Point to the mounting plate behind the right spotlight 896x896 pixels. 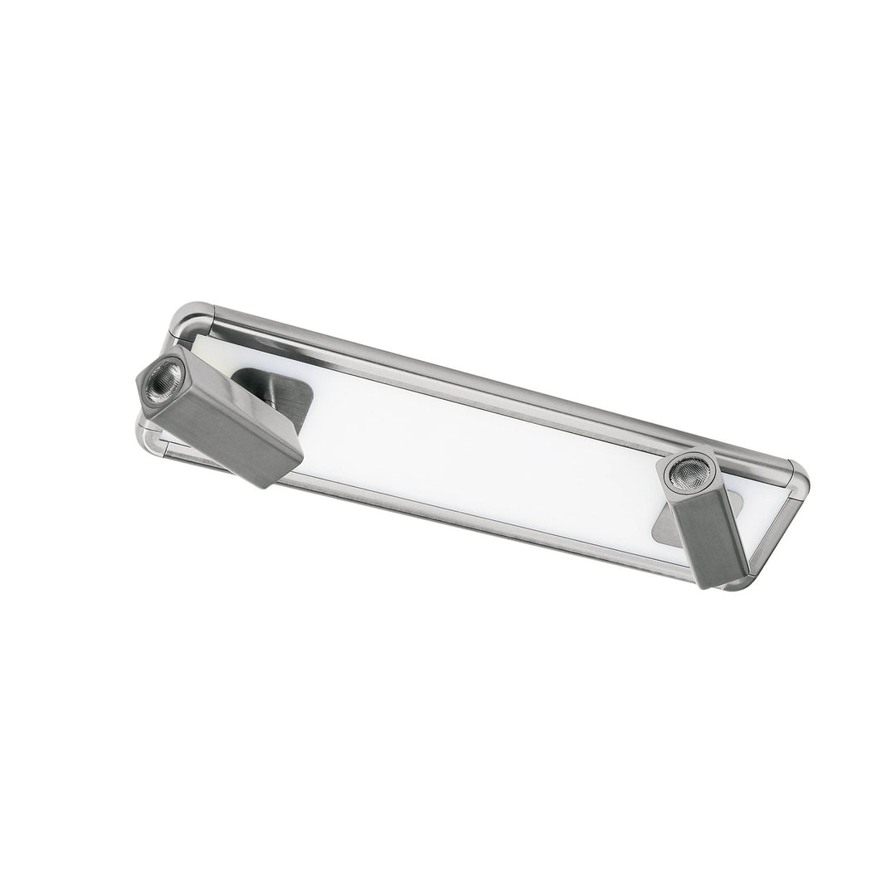(x=676, y=523)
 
